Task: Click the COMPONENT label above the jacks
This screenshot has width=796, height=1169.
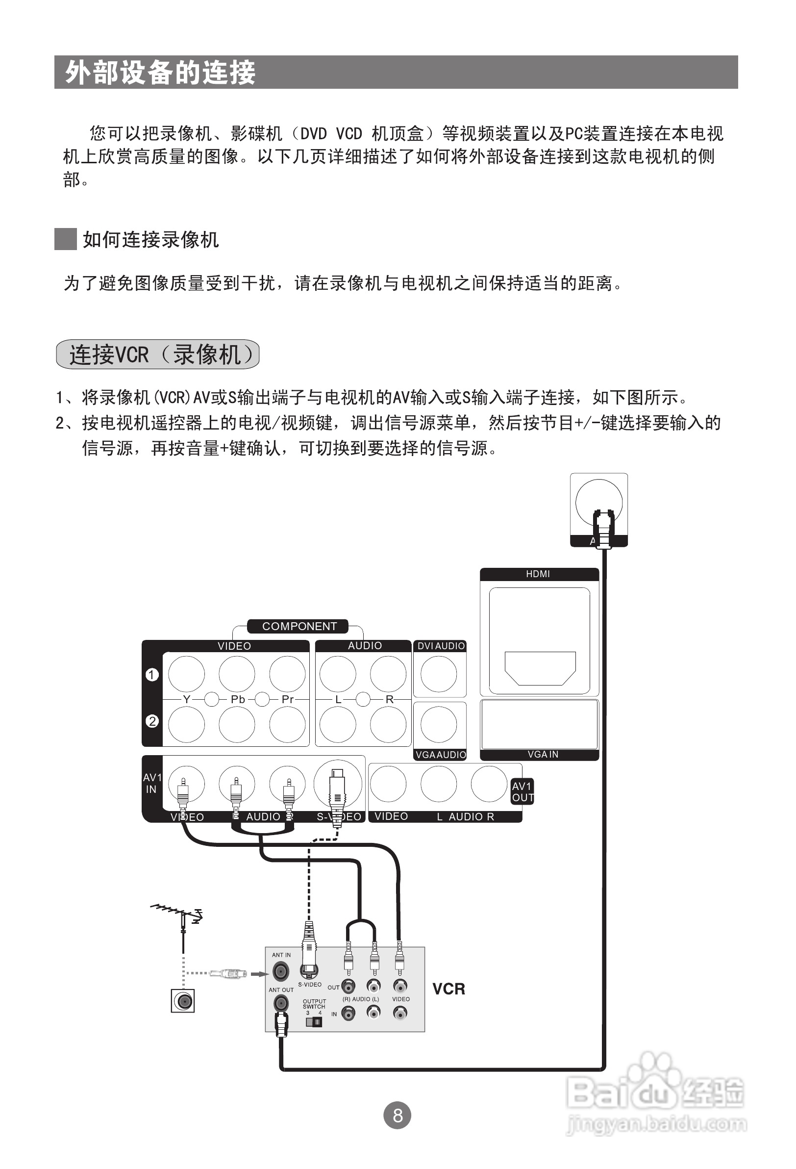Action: click(298, 626)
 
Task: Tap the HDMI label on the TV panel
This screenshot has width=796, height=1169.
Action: click(538, 574)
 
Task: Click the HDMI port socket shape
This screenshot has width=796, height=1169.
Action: click(540, 668)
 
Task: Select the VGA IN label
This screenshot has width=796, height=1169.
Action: click(543, 755)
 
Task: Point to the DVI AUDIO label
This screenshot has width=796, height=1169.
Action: click(441, 646)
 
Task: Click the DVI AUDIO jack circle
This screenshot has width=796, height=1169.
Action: click(439, 674)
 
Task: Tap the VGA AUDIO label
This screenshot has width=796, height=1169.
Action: click(441, 755)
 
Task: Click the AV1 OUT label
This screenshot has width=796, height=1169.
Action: click(522, 792)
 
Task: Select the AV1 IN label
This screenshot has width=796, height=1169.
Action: click(152, 783)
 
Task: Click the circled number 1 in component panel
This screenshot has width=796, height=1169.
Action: click(152, 675)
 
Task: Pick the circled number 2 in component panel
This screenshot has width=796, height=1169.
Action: click(152, 721)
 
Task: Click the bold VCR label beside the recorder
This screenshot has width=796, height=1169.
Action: click(448, 989)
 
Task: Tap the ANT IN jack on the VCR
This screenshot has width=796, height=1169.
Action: click(280, 970)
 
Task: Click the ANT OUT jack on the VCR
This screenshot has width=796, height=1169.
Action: click(280, 1004)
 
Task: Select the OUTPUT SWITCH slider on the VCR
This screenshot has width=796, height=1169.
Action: click(314, 1022)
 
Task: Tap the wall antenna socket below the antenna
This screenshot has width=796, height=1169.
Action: click(182, 1001)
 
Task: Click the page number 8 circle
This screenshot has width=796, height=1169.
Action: click(397, 1115)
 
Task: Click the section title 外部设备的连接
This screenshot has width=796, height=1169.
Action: click(160, 73)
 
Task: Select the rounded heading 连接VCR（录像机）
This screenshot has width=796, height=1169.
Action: click(158, 354)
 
